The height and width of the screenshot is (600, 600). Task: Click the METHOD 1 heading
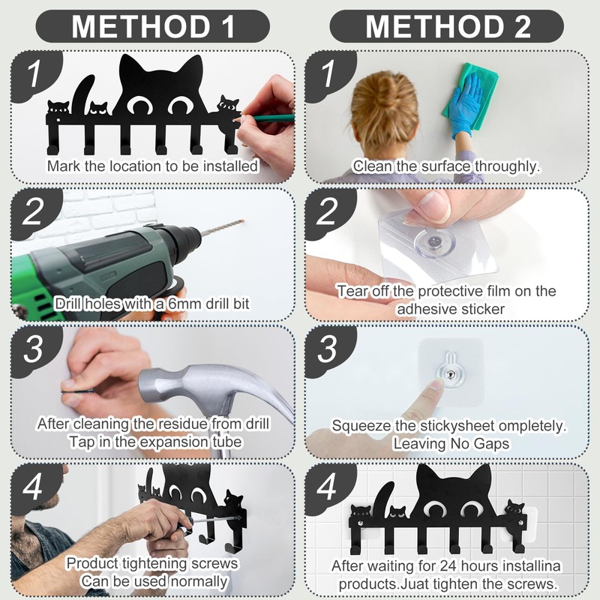153,26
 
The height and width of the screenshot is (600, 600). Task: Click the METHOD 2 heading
448,26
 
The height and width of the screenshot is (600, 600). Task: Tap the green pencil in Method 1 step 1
268,118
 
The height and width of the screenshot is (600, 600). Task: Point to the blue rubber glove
465,105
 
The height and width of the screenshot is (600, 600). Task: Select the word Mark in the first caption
64,166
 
